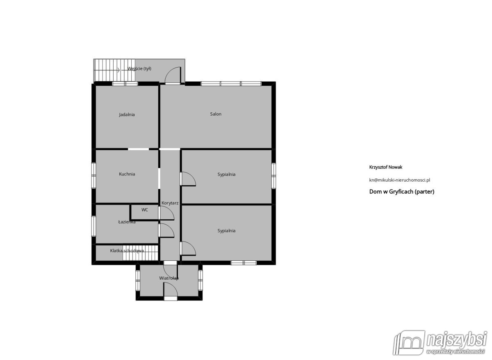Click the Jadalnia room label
point(127,115)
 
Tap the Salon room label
point(216,114)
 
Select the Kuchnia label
point(127,174)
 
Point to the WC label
point(144,210)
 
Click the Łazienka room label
point(127,222)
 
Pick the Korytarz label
point(170,203)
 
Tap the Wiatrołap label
point(169,278)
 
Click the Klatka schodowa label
point(127,251)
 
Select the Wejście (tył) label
point(139,68)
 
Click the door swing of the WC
point(166,213)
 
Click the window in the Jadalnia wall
point(125,84)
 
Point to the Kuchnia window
point(93,175)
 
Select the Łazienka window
point(93,226)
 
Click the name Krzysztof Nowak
point(385,167)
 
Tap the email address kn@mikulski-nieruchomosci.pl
point(399,180)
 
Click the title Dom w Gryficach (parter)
point(401,191)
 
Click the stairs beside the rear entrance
point(114,70)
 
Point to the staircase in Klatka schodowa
point(140,253)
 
